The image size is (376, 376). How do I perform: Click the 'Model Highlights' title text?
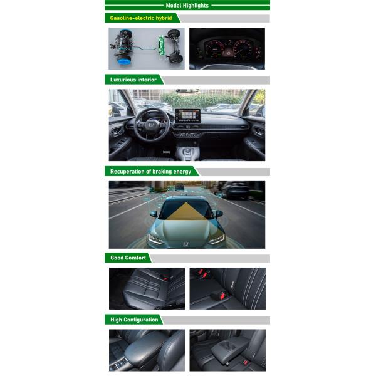(x=187, y=5)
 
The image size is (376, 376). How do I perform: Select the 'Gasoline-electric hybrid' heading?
(x=141, y=18)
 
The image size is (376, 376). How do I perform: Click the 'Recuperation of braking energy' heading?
(x=150, y=171)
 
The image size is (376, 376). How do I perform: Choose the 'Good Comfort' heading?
(x=128, y=258)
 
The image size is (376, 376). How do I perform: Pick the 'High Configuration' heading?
(x=134, y=320)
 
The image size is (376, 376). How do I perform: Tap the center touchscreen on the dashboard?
(x=187, y=116)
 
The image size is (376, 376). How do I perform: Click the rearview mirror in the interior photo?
(x=187, y=91)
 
